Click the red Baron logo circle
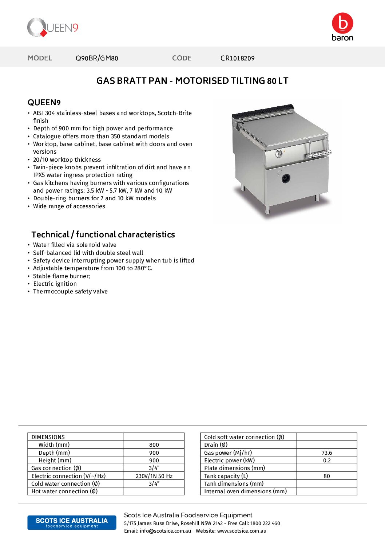[342, 23]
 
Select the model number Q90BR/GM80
[97, 58]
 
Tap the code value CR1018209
[237, 58]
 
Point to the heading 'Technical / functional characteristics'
[103, 234]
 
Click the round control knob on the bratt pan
[279, 154]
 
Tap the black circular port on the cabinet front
[286, 178]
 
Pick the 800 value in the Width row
[154, 445]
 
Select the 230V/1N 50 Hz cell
[154, 476]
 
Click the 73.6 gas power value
[327, 453]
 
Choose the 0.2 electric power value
[327, 461]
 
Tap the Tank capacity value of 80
[327, 476]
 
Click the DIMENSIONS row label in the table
[48, 437]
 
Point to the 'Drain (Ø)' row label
[216, 445]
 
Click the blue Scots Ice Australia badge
[72, 522]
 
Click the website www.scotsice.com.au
[242, 531]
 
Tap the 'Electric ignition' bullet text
[55, 284]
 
